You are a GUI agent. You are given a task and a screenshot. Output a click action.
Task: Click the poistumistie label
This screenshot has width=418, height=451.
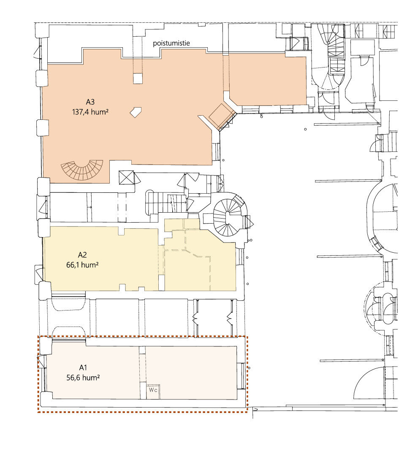click(171, 43)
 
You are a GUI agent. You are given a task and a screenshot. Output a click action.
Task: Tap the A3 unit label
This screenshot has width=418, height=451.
click(90, 102)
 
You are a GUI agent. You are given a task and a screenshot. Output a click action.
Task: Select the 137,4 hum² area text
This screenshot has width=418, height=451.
click(90, 112)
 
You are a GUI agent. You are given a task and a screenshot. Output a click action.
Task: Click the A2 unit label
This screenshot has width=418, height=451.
click(82, 255)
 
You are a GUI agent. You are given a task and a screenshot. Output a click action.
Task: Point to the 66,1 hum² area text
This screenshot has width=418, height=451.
click(82, 265)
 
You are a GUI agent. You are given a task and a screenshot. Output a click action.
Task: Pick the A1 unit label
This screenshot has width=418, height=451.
click(83, 367)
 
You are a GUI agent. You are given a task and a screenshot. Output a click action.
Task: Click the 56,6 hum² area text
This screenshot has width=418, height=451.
click(83, 378)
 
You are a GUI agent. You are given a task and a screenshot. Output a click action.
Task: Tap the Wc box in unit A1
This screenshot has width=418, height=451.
click(153, 392)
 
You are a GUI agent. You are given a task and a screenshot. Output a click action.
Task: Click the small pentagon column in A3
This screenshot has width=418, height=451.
click(136, 112)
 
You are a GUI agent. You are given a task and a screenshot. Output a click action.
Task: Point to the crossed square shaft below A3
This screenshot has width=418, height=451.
click(127, 178)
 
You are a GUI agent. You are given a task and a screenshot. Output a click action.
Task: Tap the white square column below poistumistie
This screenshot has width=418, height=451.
click(138, 78)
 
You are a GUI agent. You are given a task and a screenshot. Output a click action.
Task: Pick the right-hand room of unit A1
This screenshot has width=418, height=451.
click(191, 373)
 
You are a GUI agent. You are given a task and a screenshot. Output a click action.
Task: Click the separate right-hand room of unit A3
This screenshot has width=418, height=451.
click(267, 80)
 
